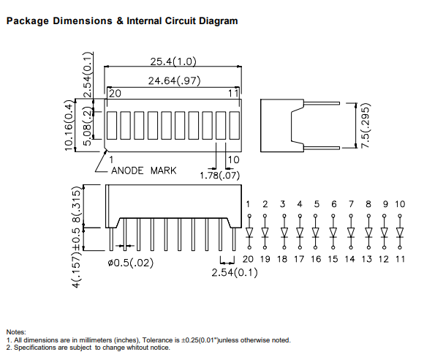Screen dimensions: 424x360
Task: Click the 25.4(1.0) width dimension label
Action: (173, 61)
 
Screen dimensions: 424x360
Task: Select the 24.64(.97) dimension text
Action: (175, 80)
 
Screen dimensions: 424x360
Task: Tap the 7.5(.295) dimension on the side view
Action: (365, 125)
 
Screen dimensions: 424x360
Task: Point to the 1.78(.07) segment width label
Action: (219, 176)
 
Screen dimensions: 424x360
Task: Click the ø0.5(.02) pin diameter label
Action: (130, 263)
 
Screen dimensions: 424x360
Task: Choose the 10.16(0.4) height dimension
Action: (69, 125)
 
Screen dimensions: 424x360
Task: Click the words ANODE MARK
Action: (143, 170)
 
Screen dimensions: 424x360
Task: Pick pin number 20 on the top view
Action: (115, 94)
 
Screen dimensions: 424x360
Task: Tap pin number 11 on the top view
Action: (233, 94)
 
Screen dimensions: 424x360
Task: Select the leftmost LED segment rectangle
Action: (112, 125)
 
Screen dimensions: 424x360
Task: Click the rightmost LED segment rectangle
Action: (235, 125)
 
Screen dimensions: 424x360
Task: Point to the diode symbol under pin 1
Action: (249, 232)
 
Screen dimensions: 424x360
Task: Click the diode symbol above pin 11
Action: (400, 232)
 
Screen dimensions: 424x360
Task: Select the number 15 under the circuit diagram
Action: (333, 259)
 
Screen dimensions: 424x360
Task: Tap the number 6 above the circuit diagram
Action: (334, 204)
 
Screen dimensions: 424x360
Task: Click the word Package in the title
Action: (28, 21)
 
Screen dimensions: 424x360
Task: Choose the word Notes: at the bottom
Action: (16, 332)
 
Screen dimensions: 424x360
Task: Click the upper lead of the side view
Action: (322, 103)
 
